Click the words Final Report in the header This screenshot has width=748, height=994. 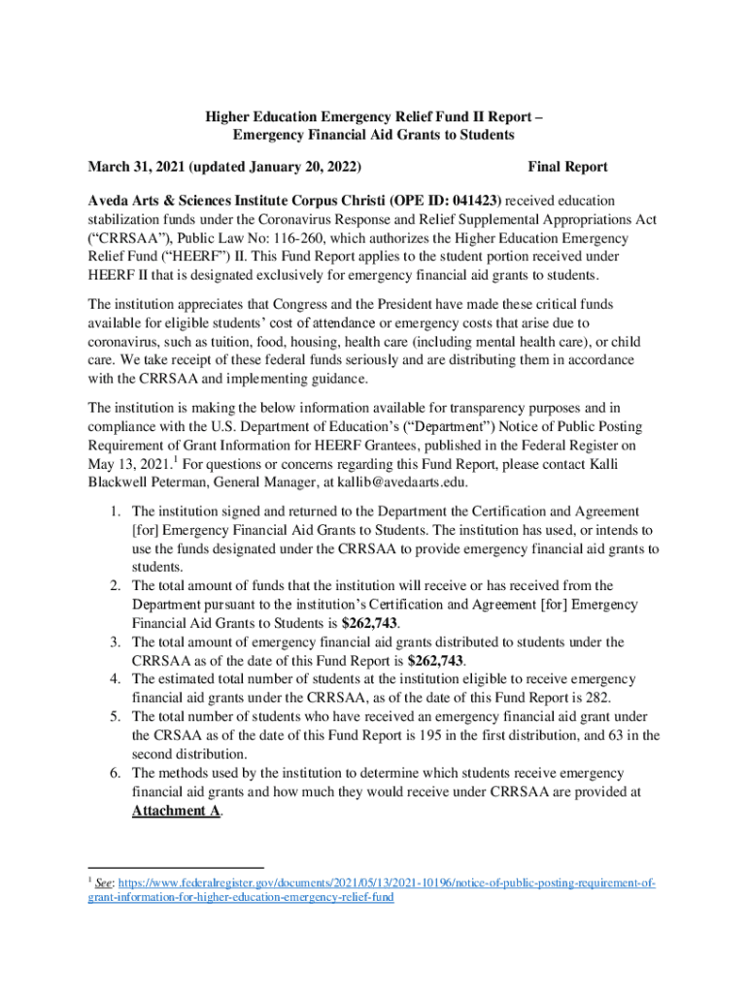[x=567, y=167]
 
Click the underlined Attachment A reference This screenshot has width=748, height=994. [x=176, y=811]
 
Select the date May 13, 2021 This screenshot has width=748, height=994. [x=130, y=463]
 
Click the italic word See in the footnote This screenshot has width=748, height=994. [x=104, y=883]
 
